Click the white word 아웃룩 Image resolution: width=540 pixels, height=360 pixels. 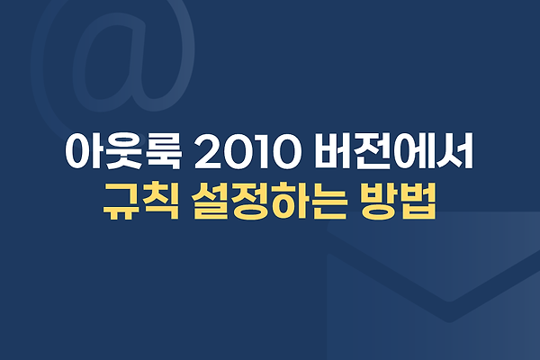[123, 151]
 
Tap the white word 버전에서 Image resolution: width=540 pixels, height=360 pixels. [393, 151]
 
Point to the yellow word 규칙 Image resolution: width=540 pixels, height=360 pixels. [141, 202]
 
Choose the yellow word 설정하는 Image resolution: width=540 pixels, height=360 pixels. [268, 202]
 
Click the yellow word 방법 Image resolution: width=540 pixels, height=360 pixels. [398, 202]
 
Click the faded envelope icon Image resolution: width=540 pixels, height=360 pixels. [433, 286]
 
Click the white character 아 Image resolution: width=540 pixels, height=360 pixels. [84, 151]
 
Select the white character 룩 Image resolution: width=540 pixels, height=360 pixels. [163, 151]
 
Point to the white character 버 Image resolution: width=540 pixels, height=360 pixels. [333, 151]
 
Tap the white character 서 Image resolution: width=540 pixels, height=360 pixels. [454, 151]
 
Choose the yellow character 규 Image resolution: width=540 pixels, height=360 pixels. [122, 202]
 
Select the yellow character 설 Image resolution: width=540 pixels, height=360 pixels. [210, 202]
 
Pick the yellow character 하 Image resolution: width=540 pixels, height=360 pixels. [289, 202]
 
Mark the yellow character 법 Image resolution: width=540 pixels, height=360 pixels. [418, 202]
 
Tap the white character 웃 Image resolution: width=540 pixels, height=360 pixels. [123, 151]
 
